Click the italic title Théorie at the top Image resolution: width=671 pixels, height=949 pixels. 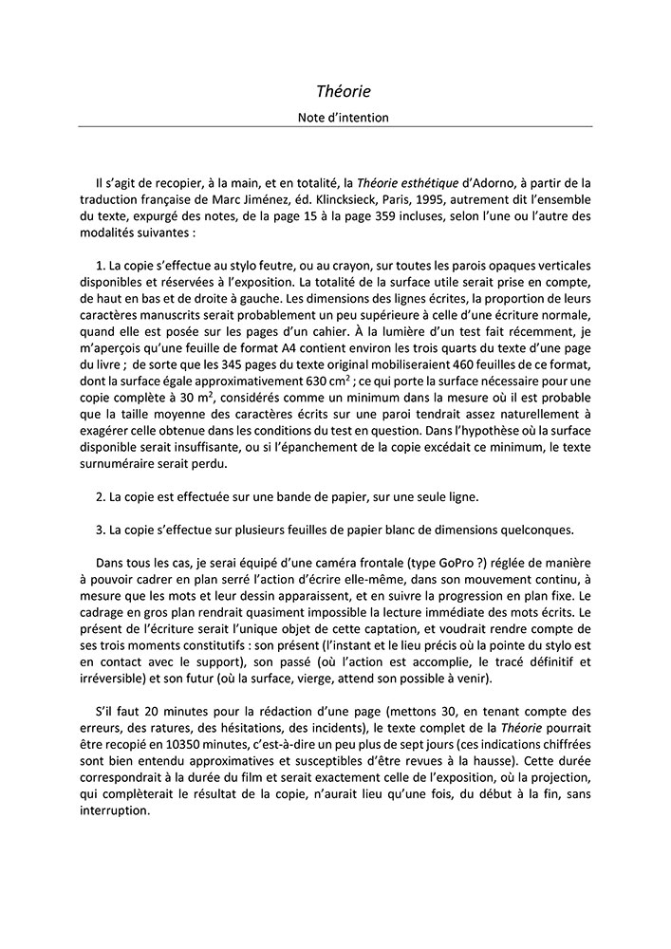click(x=344, y=92)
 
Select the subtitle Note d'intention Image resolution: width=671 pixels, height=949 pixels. click(x=344, y=118)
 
